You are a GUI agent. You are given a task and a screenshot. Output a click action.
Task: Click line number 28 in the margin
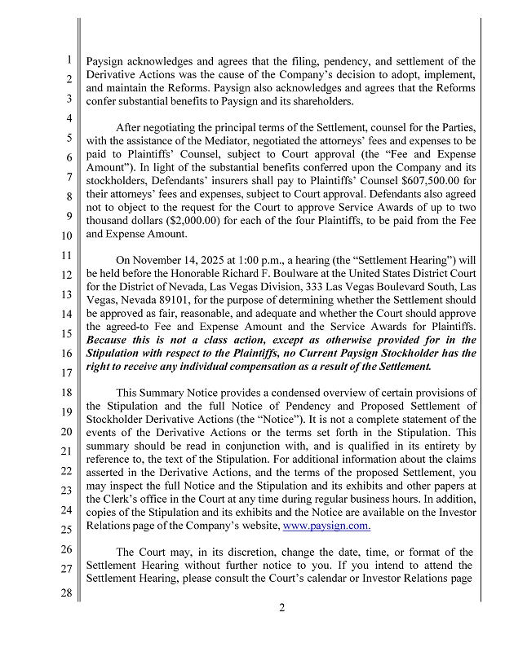pyautogui.click(x=69, y=593)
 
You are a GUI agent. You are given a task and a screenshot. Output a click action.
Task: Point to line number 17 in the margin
pyautogui.click(x=69, y=372)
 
